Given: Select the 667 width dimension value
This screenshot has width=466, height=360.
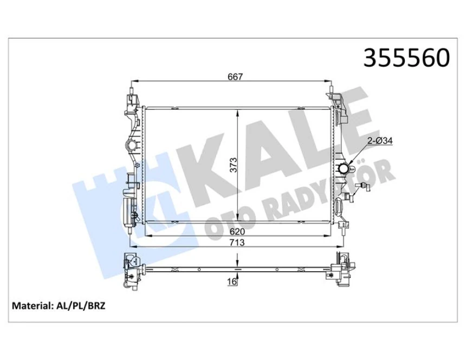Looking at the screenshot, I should [x=234, y=77].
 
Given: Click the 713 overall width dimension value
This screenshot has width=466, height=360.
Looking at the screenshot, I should [x=237, y=243].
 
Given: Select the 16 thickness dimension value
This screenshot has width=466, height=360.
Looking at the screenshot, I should [x=231, y=282].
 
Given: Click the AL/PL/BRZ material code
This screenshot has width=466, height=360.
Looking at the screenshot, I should [x=81, y=306].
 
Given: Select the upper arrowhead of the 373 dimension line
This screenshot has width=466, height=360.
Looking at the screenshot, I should [x=237, y=112].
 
